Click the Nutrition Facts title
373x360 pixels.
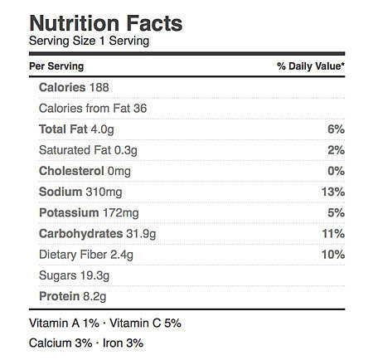(x=106, y=23)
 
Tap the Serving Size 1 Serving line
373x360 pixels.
(x=89, y=41)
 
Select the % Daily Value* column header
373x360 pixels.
(x=311, y=66)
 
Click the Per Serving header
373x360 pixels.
(x=56, y=66)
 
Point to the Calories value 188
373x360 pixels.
(x=99, y=87)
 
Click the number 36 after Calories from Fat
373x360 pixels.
(x=140, y=109)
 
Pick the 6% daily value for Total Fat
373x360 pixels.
(x=336, y=129)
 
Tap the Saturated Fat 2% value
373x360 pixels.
(x=336, y=150)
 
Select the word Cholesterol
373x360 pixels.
(x=71, y=171)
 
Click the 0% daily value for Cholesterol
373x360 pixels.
(x=336, y=171)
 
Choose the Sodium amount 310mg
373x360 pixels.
(x=104, y=192)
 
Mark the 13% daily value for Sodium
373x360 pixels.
(x=333, y=192)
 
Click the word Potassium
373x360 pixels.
(x=69, y=212)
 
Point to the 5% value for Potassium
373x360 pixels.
(x=336, y=212)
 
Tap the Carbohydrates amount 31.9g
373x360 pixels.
(x=141, y=234)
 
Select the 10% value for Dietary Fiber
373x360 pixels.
(x=333, y=255)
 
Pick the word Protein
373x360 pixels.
(x=60, y=296)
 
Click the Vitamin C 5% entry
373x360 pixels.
(x=145, y=323)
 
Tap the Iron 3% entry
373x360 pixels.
(x=123, y=343)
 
